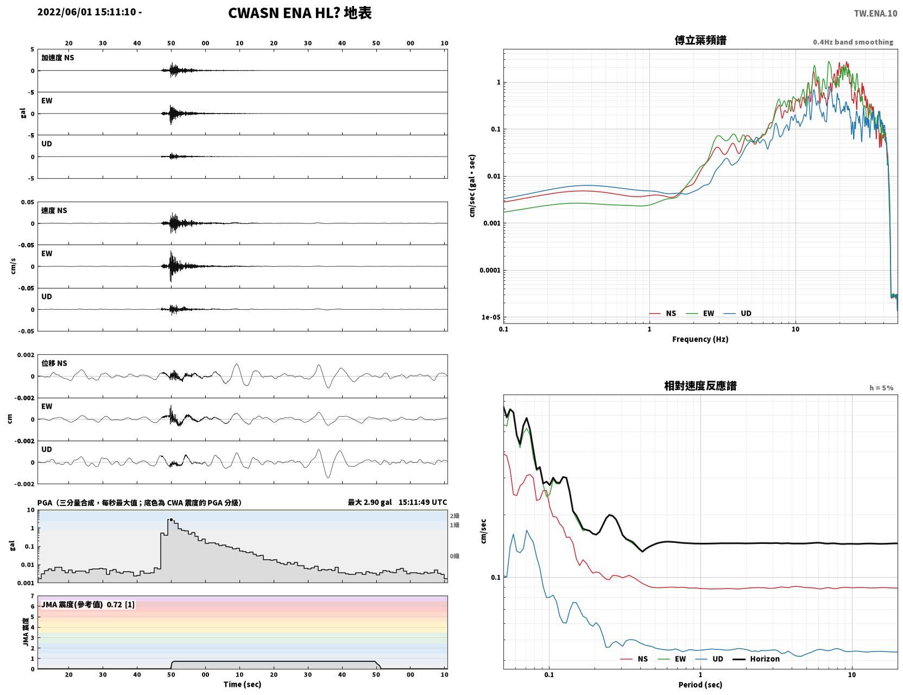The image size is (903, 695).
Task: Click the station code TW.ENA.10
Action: (875, 13)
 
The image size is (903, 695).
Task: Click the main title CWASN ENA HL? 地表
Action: (300, 13)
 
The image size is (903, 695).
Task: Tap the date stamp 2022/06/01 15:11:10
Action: (87, 11)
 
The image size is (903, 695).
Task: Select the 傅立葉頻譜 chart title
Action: (700, 40)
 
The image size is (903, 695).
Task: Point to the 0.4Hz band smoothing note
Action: (853, 42)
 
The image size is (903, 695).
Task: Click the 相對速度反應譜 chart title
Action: (700, 386)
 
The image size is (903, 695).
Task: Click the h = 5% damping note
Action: (881, 388)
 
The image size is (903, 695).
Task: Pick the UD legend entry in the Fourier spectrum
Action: (737, 314)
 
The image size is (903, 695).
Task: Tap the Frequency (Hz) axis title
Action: (700, 339)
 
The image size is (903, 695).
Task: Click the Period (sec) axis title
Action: (700, 685)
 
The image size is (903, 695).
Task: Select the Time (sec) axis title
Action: (242, 684)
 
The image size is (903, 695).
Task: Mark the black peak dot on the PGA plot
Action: (171, 519)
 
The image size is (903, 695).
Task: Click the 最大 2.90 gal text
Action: (369, 502)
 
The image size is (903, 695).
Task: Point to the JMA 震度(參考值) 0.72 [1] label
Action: (87, 604)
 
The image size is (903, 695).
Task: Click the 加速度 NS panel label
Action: (58, 58)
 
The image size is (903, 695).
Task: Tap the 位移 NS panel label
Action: (54, 364)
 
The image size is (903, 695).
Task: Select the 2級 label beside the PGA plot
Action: (454, 516)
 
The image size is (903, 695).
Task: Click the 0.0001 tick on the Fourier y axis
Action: (490, 270)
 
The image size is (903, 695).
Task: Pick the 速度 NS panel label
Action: (54, 210)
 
